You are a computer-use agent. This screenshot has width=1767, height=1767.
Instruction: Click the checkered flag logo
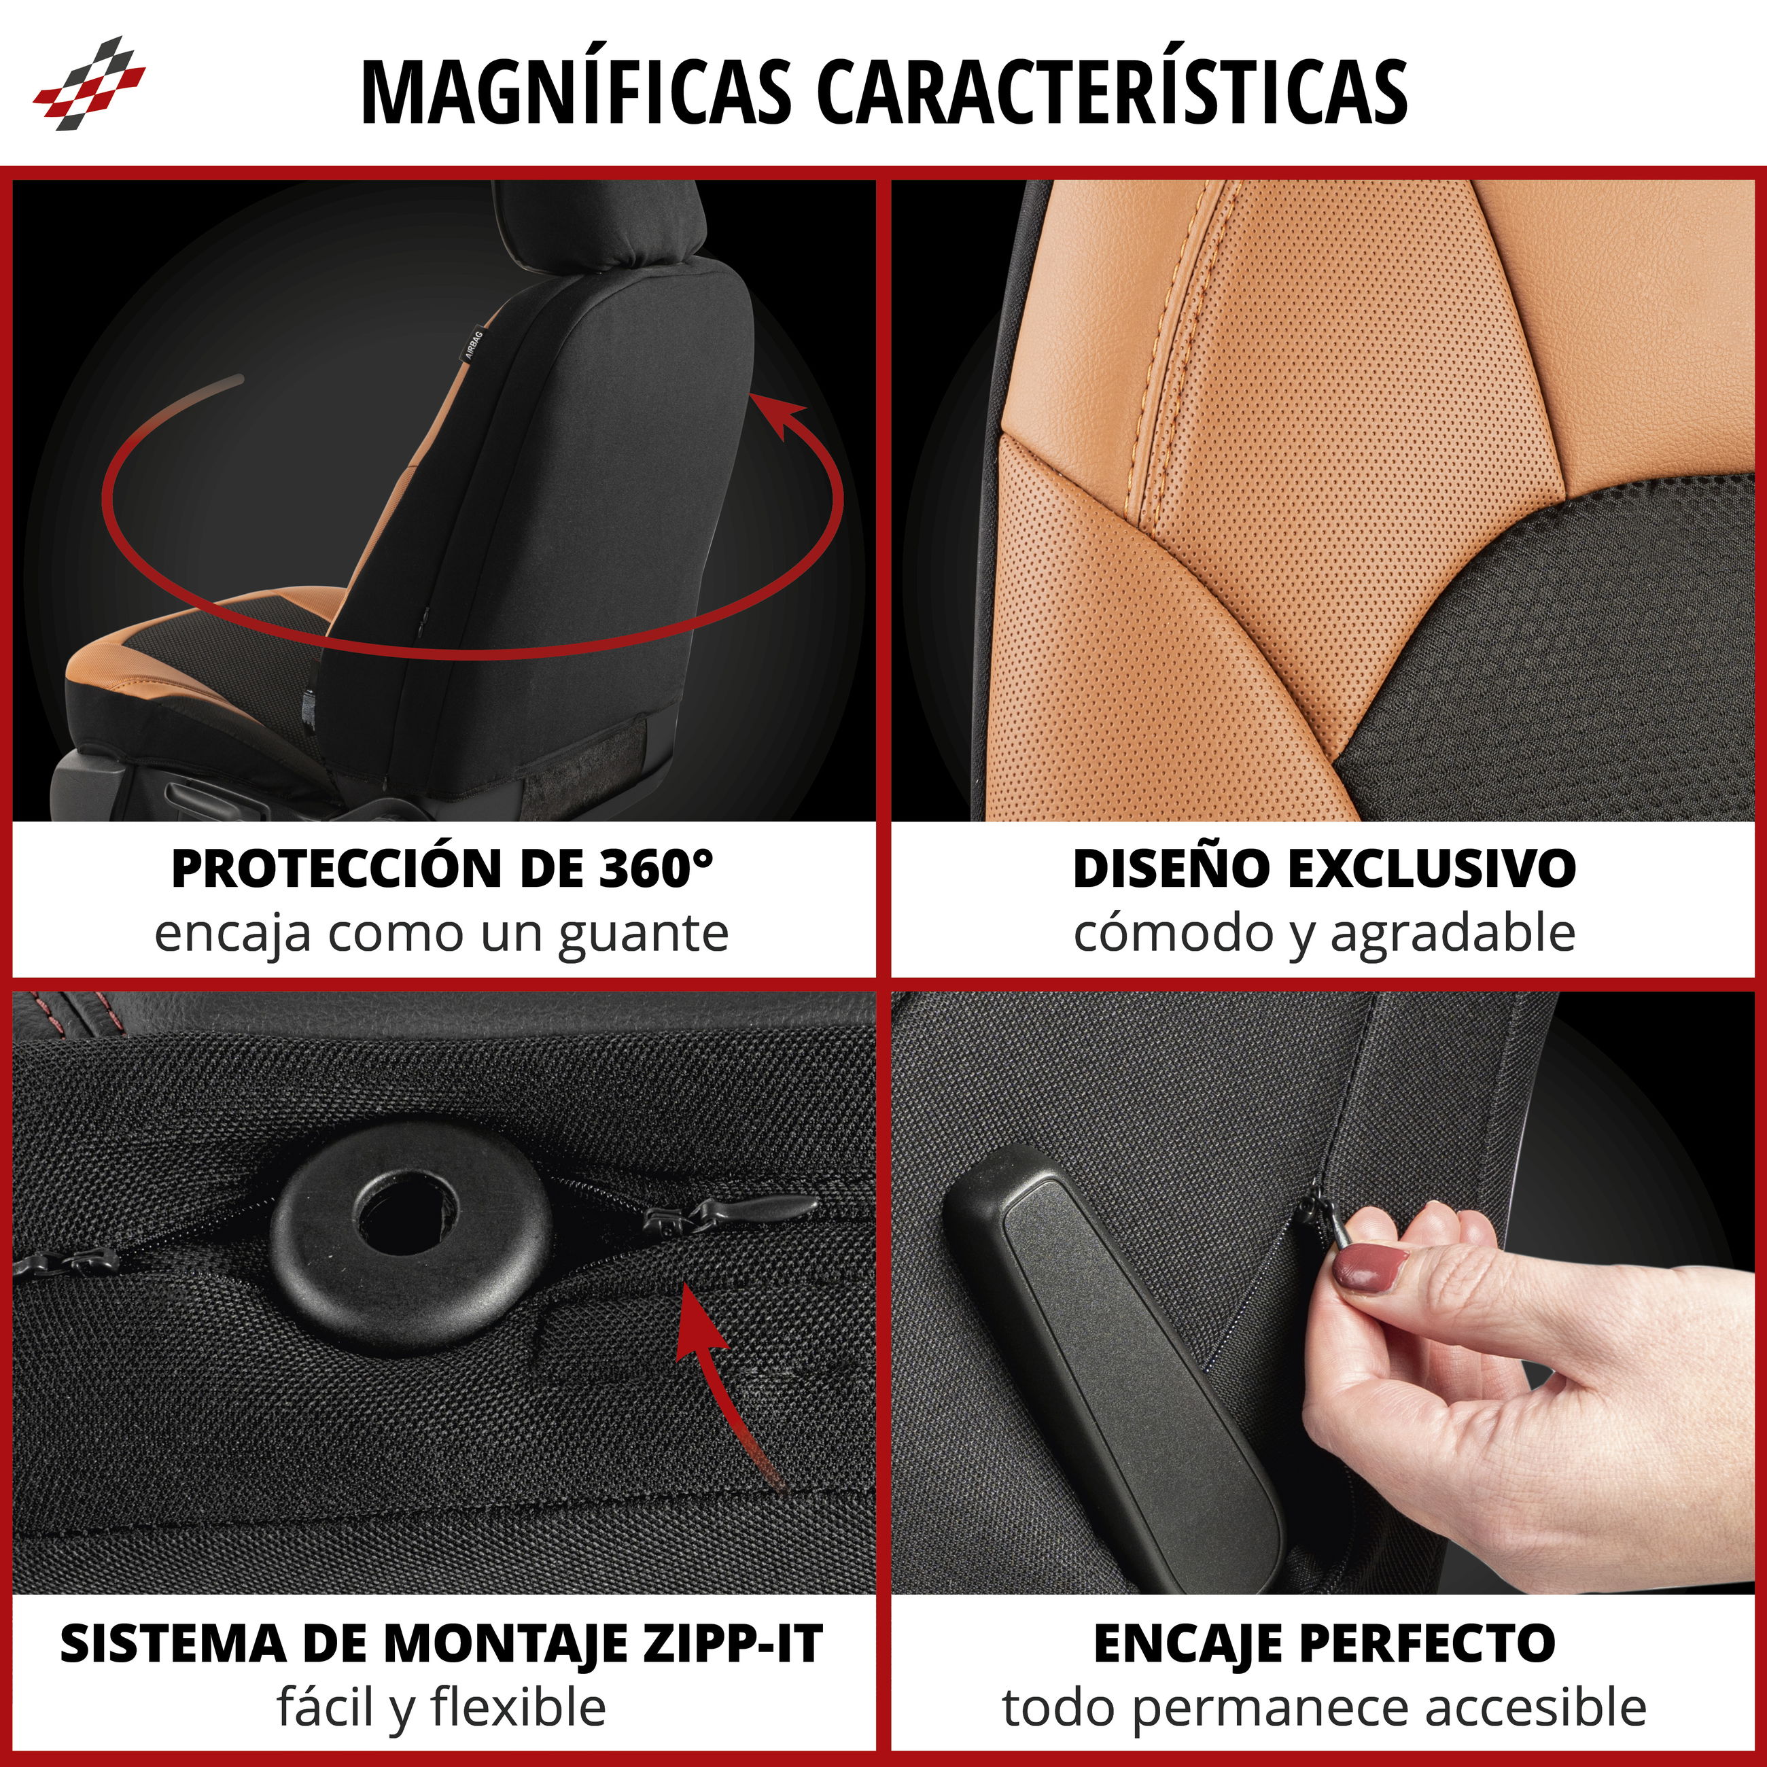[x=89, y=83]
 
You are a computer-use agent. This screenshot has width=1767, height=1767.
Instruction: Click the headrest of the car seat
[x=599, y=224]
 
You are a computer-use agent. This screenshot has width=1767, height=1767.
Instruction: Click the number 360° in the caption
[x=656, y=868]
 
